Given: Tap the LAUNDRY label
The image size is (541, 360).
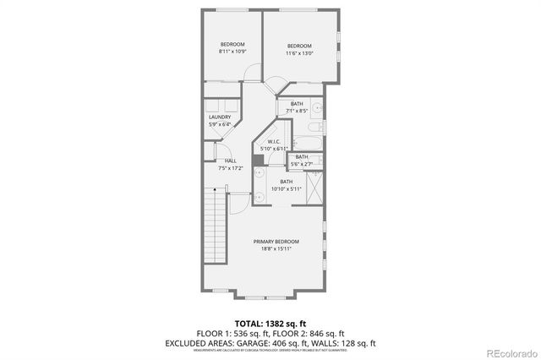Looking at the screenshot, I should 220,117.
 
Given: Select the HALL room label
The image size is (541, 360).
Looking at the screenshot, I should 230,161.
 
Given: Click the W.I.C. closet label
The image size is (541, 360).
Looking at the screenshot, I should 274,141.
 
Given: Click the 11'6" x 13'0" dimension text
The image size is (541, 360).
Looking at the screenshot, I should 299,53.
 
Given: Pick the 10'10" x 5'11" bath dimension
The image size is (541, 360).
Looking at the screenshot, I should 287,188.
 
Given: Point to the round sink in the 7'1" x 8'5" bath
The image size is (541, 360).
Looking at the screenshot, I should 316,108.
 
